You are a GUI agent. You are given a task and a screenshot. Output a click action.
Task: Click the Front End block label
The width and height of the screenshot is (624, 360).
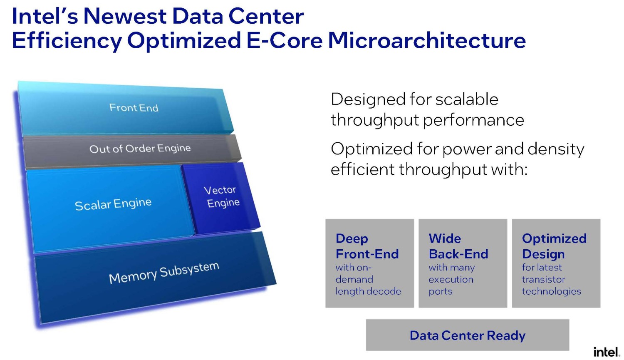(134, 107)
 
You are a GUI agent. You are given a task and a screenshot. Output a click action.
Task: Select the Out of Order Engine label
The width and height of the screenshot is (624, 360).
(140, 149)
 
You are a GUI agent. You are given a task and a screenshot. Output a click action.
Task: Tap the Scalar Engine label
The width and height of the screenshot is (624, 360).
(113, 204)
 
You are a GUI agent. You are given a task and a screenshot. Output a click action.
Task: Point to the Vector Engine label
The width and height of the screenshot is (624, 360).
(222, 196)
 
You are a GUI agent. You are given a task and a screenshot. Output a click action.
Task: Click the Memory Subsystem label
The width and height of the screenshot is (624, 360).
(164, 273)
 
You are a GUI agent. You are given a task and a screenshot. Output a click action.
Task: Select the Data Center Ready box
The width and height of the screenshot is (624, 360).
(468, 335)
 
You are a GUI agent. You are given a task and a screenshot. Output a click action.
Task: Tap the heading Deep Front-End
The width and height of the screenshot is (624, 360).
(367, 246)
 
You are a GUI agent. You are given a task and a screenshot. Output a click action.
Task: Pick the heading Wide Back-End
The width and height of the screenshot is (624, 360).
(458, 246)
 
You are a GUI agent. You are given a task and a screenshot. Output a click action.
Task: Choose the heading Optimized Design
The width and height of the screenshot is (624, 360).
(554, 246)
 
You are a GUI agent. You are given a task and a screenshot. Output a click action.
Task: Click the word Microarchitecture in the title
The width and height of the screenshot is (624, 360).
(427, 40)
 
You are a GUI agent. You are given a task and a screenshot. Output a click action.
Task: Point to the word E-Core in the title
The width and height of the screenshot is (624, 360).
(285, 40)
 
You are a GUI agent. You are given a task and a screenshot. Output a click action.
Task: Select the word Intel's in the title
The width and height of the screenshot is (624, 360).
(45, 16)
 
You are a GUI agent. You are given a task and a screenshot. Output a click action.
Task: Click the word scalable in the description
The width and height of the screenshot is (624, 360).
(467, 99)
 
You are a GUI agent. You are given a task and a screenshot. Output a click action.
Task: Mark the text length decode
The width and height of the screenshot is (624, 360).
(368, 291)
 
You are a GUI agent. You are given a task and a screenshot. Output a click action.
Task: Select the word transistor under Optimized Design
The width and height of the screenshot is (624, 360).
(543, 279)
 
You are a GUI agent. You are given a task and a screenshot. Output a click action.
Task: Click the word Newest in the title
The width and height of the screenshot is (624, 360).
(125, 16)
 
